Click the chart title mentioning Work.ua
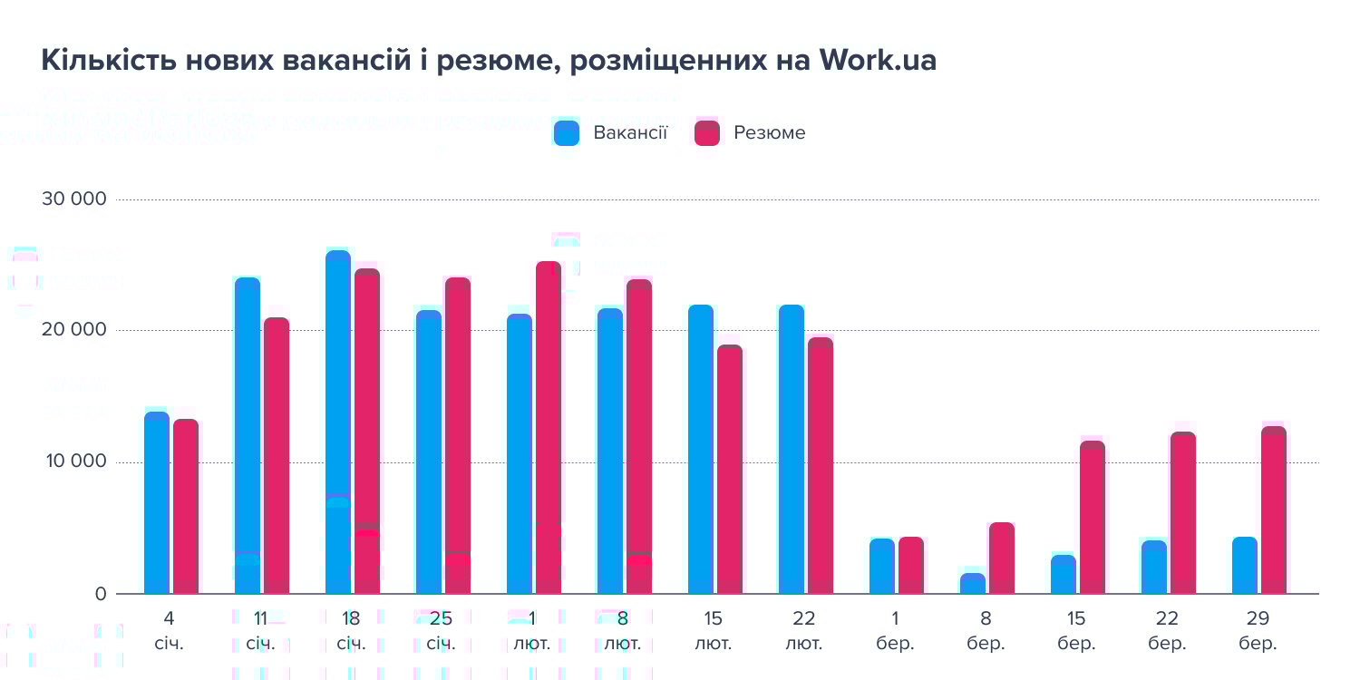pos(489,60)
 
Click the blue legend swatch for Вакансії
pos(567,133)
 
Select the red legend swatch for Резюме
pos(707,133)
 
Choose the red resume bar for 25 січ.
pos(458,436)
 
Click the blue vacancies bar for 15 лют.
pos(701,450)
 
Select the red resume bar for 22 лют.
pos(821,466)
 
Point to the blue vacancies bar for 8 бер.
pos(973,584)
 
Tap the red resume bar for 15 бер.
pos(1093,518)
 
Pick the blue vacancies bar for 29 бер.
pos(1245,566)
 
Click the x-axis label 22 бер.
pos(1167,631)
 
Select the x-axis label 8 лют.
pos(623,631)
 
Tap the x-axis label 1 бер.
pos(895,631)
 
